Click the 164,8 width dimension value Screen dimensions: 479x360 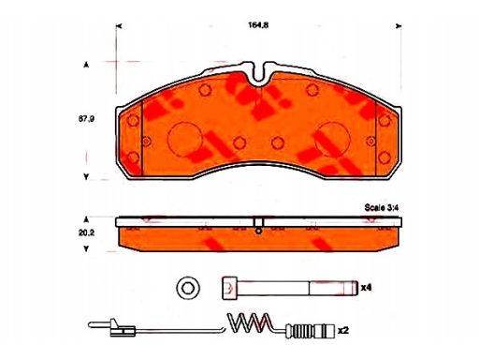click(x=258, y=25)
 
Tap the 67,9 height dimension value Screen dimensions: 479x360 click(x=86, y=119)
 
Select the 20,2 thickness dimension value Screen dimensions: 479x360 click(x=86, y=232)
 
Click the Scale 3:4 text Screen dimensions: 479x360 click(x=382, y=207)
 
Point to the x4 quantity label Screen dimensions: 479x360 click(x=366, y=288)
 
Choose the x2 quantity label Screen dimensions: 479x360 click(x=343, y=330)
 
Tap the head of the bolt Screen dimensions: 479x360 click(x=229, y=288)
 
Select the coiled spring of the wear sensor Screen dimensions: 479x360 click(x=249, y=322)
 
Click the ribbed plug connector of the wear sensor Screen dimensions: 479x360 click(x=311, y=331)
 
